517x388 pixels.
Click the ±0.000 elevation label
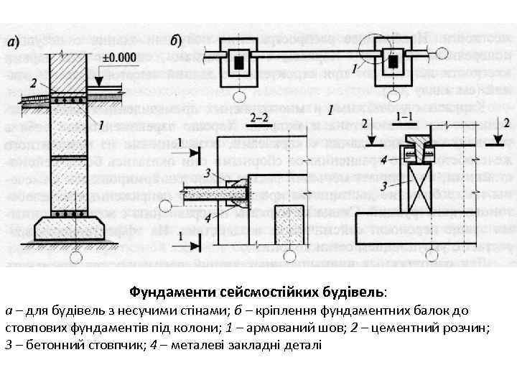coord(119,57)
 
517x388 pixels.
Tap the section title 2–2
coord(257,116)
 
